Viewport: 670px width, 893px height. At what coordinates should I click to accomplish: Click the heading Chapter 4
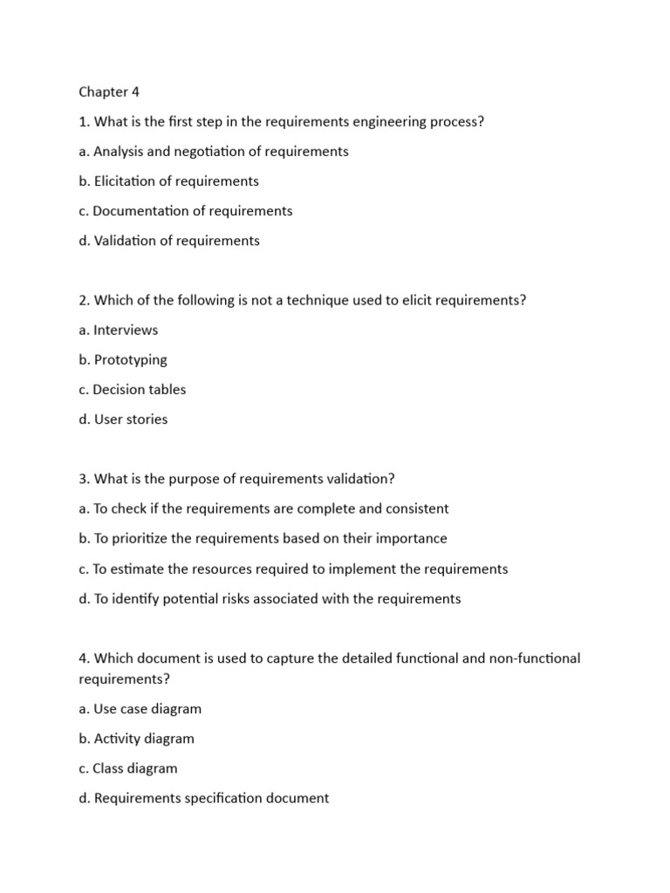coord(109,92)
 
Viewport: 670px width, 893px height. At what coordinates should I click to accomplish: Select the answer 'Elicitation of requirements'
coord(169,181)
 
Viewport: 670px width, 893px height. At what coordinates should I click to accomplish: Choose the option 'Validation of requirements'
coord(169,241)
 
